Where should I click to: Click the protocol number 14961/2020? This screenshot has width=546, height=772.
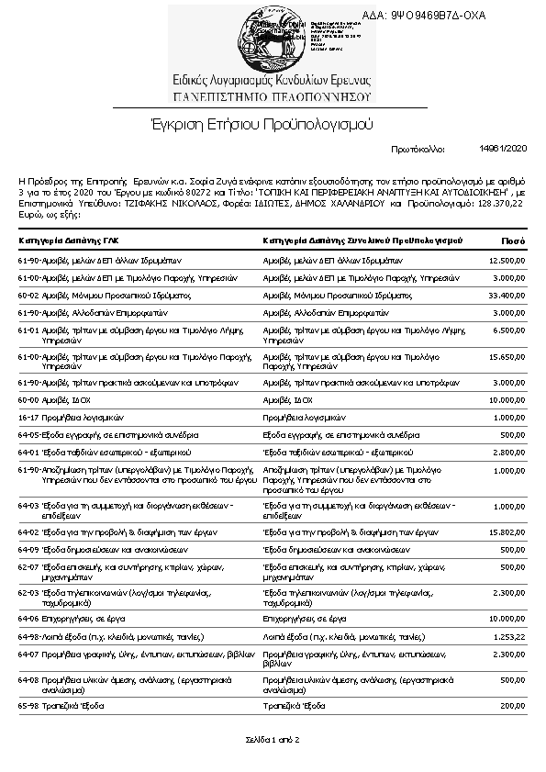click(503, 147)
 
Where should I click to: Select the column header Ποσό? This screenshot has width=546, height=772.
click(512, 241)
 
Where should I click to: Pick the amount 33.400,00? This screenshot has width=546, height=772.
click(507, 295)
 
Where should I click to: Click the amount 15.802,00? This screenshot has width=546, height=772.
click(507, 531)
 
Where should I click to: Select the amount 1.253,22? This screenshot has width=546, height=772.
click(508, 636)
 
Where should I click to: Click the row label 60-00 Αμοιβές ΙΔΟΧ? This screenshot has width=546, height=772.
click(55, 400)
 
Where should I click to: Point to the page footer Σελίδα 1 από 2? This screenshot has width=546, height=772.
click(273, 739)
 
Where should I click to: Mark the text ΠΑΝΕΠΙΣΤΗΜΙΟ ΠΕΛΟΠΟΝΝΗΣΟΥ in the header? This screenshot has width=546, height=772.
click(272, 95)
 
